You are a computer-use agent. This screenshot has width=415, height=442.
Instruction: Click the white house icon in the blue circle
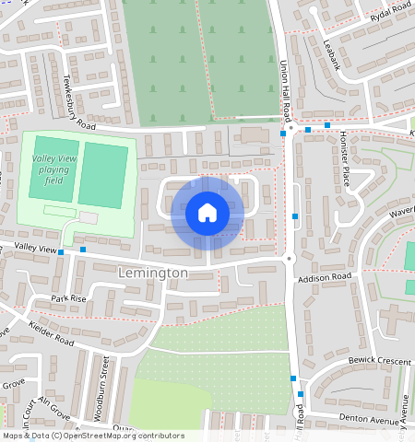(x=207, y=214)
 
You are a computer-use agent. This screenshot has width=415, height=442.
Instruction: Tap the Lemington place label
(x=153, y=273)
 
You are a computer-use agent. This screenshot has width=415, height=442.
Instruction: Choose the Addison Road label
(x=318, y=277)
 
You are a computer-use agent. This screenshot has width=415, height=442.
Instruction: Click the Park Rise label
(x=68, y=298)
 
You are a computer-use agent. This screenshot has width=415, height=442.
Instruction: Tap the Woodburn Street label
(x=102, y=392)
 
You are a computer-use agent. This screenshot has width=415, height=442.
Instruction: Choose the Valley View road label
(x=28, y=248)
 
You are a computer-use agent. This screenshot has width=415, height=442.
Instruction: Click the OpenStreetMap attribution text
(x=92, y=436)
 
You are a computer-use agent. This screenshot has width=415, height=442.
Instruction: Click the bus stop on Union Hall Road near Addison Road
(x=295, y=216)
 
